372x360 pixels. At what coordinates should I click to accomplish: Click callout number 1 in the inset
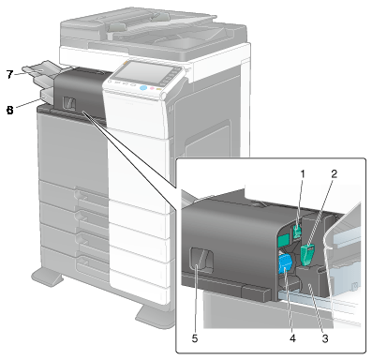point(303,174)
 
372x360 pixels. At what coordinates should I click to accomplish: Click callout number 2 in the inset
point(335,174)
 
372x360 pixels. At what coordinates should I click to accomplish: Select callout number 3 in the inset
point(325,338)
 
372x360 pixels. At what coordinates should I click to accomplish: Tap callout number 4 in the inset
point(292,338)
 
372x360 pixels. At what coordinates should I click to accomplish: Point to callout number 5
point(195,338)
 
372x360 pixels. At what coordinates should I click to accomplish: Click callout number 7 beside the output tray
point(10,74)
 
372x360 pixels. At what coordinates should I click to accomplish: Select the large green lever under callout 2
point(307,254)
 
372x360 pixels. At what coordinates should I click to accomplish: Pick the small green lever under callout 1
point(297,231)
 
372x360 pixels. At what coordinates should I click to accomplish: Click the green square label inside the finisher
point(283,240)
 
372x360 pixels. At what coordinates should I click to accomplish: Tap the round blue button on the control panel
point(142,87)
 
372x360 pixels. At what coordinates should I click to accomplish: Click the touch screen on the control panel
point(144,71)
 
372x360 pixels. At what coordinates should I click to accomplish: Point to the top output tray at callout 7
point(40,70)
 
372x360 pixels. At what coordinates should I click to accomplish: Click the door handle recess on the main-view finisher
point(69,102)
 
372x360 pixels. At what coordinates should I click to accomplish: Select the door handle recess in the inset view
point(202,259)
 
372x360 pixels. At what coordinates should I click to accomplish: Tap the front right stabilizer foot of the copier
point(155,316)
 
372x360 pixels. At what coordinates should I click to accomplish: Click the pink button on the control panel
point(152,88)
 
